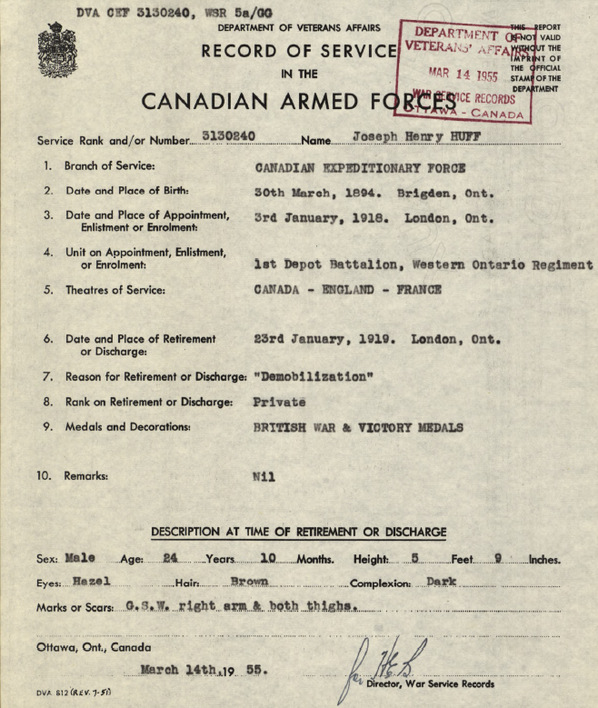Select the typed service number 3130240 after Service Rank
pos(228,136)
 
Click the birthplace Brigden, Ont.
pos(445,193)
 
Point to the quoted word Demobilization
pos(314,376)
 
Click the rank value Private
pos(280,402)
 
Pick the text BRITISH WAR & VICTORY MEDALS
pos(358,427)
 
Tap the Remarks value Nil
pos(264,475)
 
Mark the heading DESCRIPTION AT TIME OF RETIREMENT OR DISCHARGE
pos(298,532)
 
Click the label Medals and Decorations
pos(127,427)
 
